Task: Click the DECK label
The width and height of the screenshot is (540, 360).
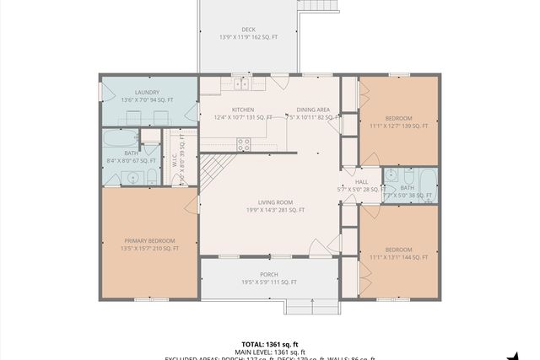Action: (248, 30)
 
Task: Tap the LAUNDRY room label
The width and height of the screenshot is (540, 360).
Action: (148, 92)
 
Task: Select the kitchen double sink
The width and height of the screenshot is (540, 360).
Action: (242, 83)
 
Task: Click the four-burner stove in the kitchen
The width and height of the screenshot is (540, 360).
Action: (244, 145)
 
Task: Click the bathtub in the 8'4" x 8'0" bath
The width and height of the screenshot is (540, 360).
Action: (121, 139)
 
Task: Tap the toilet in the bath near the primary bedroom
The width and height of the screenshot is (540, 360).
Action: (151, 176)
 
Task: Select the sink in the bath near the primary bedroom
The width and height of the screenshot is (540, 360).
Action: (131, 177)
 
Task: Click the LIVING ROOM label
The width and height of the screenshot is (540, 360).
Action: (275, 202)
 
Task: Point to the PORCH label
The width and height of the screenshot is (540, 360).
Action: (269, 275)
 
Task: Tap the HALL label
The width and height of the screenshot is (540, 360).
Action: (361, 181)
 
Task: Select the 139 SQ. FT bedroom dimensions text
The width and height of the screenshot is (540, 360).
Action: (399, 126)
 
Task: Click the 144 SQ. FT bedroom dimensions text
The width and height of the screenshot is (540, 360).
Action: (399, 258)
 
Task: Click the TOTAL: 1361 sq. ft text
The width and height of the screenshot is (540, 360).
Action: (268, 344)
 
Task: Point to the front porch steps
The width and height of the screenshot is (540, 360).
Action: (310, 306)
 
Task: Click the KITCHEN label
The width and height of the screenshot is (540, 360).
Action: (243, 110)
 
